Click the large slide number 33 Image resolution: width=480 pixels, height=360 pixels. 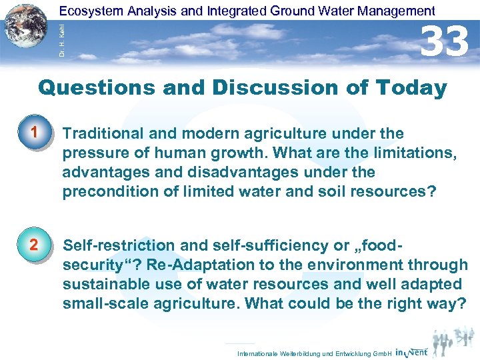tap(445, 41)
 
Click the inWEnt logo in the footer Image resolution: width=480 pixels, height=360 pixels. tap(411, 351)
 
